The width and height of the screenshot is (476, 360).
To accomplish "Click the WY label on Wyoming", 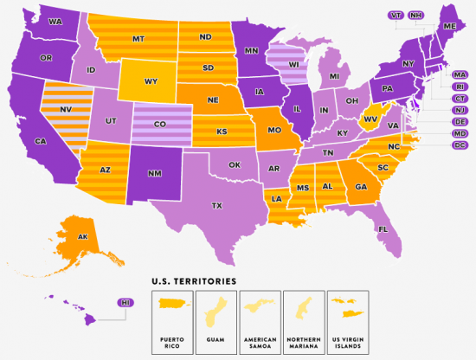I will (151, 83).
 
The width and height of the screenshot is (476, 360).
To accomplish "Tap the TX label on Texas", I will (217, 206).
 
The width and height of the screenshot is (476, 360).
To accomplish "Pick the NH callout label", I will (416, 16).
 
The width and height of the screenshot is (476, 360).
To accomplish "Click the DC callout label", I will (460, 145).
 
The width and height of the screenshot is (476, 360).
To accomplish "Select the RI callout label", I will (460, 87).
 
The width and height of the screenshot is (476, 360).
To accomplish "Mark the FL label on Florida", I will (382, 228).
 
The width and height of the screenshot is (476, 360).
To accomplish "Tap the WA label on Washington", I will (55, 21).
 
